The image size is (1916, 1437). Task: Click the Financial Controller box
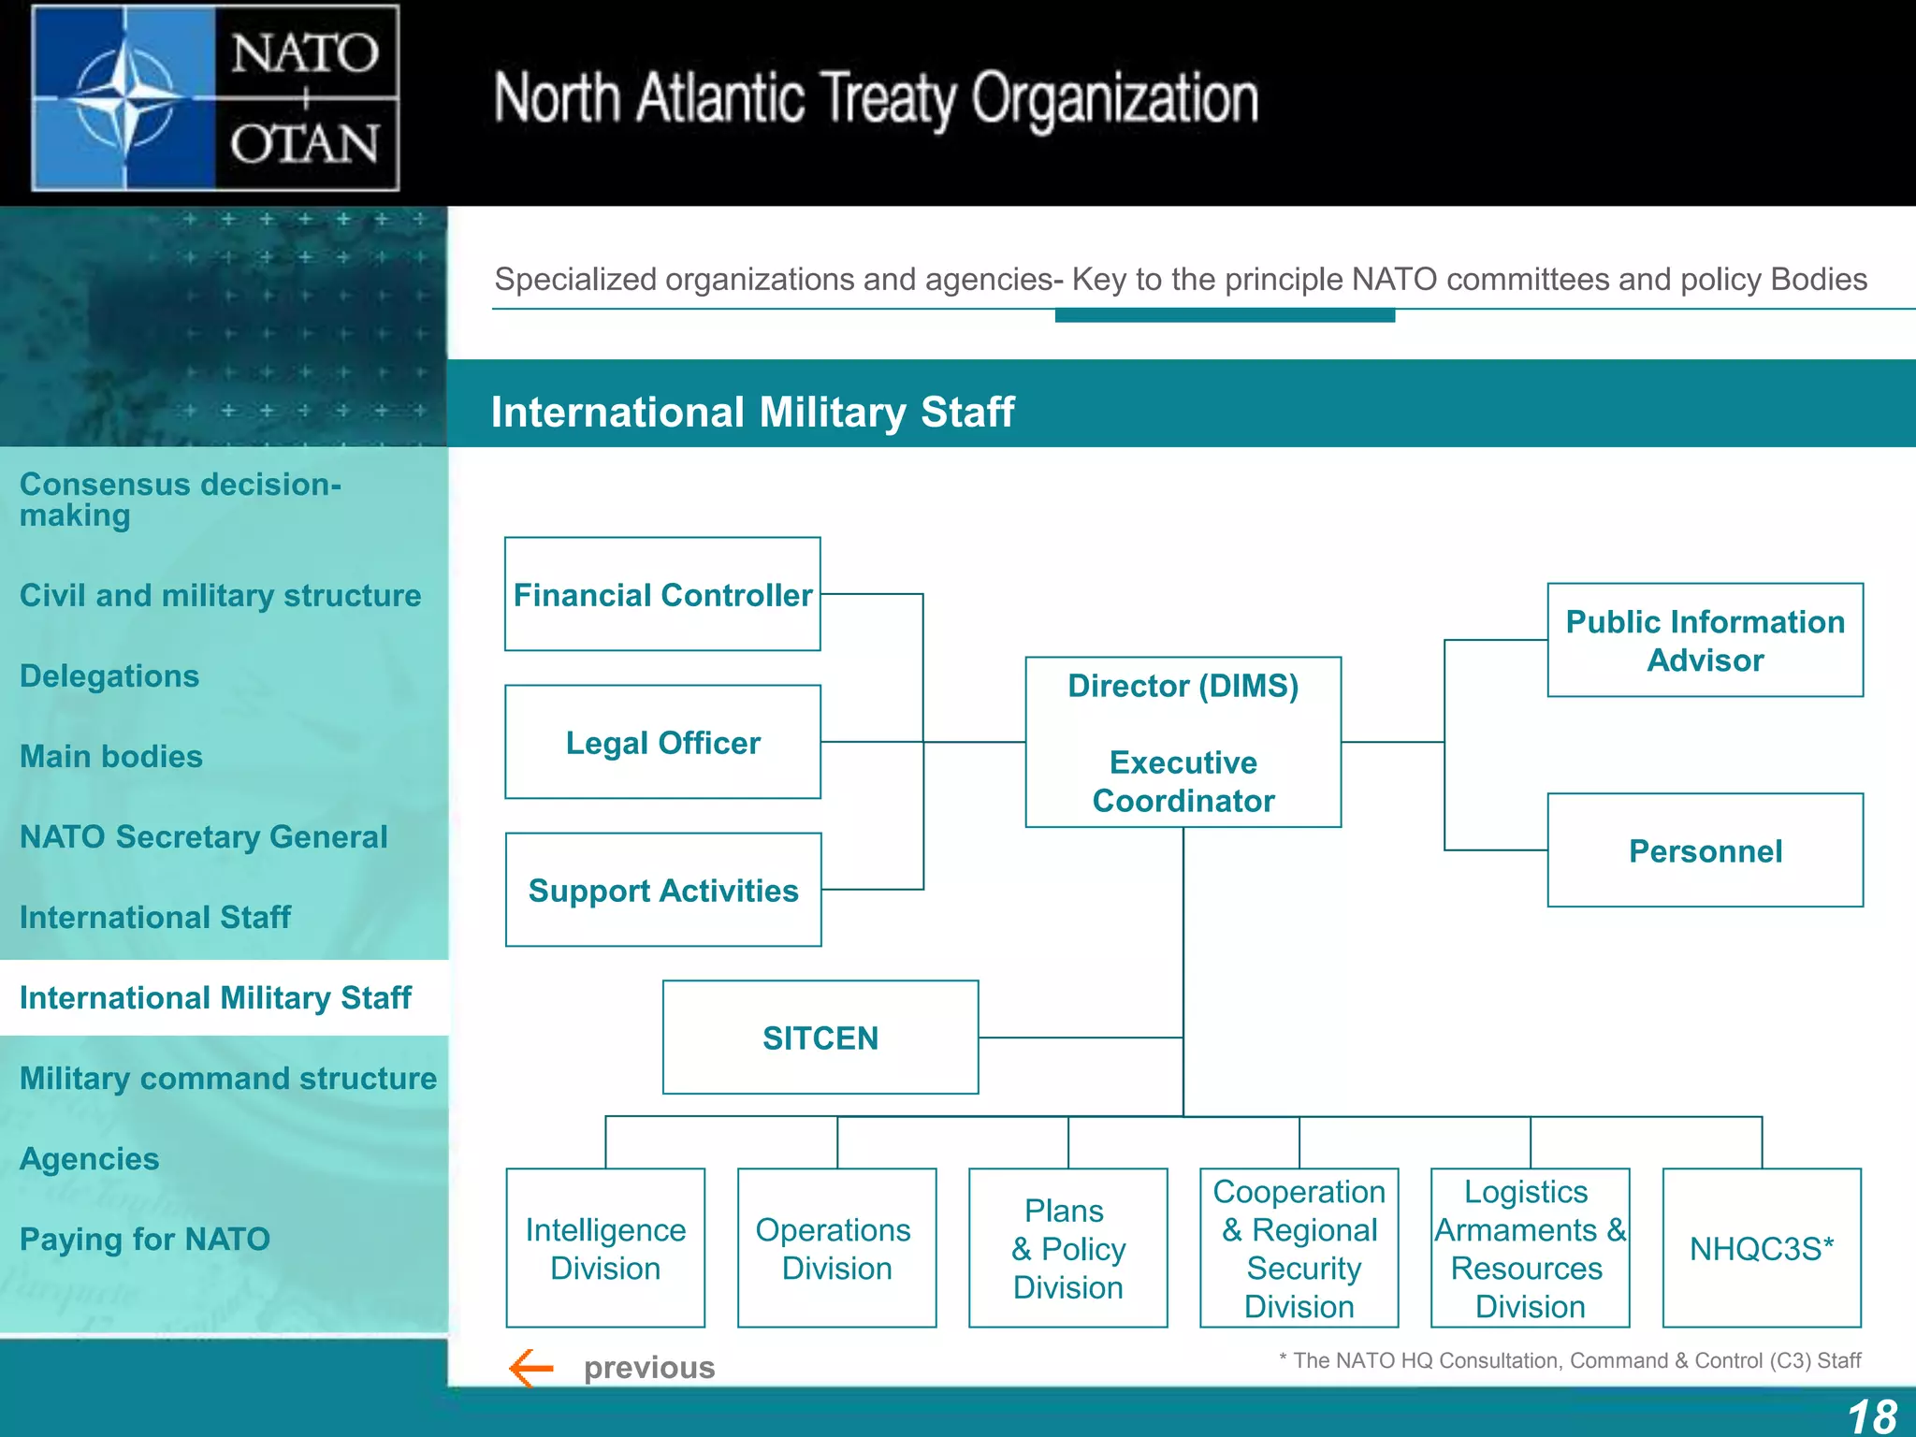click(x=662, y=594)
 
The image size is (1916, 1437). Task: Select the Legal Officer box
click(x=662, y=742)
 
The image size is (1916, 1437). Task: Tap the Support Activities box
click(x=662, y=890)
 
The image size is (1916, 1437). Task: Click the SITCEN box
click(x=820, y=1038)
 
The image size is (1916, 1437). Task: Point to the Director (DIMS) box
click(x=1183, y=742)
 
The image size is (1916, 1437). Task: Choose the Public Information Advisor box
click(x=1705, y=640)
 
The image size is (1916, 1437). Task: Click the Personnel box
click(x=1705, y=850)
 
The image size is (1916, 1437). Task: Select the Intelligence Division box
click(x=605, y=1248)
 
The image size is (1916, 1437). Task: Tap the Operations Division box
click(x=836, y=1248)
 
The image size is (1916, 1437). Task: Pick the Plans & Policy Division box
click(x=1067, y=1248)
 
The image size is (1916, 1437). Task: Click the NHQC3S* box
click(x=1761, y=1248)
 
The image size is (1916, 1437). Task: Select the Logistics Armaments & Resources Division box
click(x=1530, y=1248)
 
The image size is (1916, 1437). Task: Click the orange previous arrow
click(x=531, y=1368)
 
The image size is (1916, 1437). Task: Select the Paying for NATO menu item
click(x=145, y=1240)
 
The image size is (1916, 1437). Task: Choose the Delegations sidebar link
click(x=109, y=675)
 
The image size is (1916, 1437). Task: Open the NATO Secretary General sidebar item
click(x=203, y=836)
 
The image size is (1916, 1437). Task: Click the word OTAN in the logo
click(x=305, y=144)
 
